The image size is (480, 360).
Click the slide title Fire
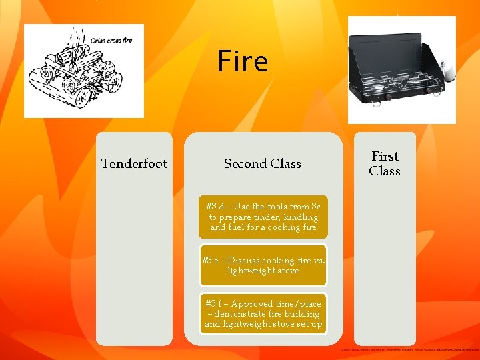pos(243,62)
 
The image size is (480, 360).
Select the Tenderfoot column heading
pos(134,164)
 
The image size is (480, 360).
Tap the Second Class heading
pos(262,164)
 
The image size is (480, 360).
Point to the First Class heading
pos(385,164)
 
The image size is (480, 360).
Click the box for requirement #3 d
pos(263,217)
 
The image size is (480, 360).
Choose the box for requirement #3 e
pos(263,265)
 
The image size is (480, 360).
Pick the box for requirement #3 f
pos(263,313)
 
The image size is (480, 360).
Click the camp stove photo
pos(402,70)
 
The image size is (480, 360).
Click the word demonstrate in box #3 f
pos(245,314)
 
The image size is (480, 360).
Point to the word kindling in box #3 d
pos(301,217)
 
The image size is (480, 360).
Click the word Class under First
pos(385,171)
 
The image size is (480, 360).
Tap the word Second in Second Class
pos(244,164)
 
